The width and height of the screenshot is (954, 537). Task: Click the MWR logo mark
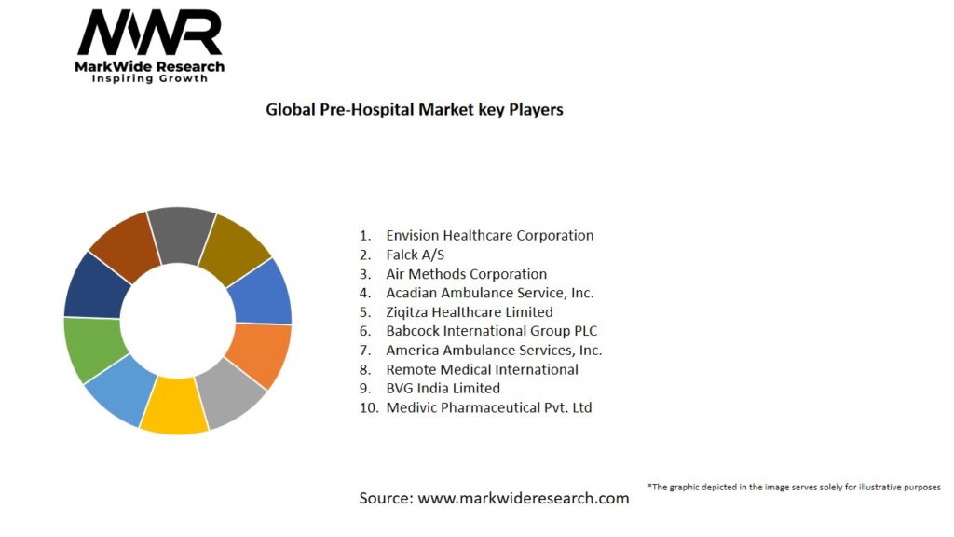[150, 34]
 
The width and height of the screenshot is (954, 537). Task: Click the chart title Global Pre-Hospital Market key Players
[415, 109]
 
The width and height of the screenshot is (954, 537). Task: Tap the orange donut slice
[260, 354]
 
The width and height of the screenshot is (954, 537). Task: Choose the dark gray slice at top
[181, 233]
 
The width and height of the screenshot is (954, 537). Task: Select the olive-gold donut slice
[234, 246]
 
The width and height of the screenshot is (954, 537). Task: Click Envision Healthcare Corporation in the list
[489, 236]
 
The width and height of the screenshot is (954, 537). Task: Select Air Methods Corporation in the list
[466, 274]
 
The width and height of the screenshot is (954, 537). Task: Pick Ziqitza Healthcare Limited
[469, 312]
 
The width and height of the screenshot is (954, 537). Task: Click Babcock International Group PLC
[491, 331]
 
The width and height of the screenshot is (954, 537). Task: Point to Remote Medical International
[482, 369]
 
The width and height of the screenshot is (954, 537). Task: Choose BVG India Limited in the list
[443, 389]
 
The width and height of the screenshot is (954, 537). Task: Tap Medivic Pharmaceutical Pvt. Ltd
[488, 407]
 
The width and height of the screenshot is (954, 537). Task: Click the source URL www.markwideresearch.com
[523, 498]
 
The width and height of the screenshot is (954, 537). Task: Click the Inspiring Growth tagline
[150, 79]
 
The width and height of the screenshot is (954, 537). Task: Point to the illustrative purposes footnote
[793, 487]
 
